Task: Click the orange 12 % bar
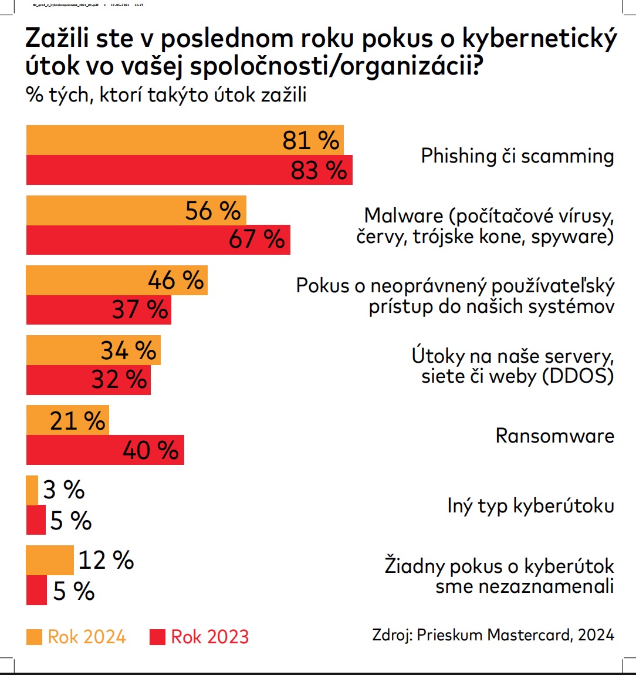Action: pos(50,560)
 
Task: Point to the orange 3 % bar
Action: pos(32,490)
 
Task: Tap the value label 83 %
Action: pos(319,170)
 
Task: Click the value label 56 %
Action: pos(212,211)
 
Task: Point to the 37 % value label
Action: pos(140,309)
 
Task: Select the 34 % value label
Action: pos(128,350)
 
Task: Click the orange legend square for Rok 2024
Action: pos(34,637)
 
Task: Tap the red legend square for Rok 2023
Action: pos(157,637)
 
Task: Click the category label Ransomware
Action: pos(554,436)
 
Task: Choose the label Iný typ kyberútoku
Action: pos(530,506)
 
